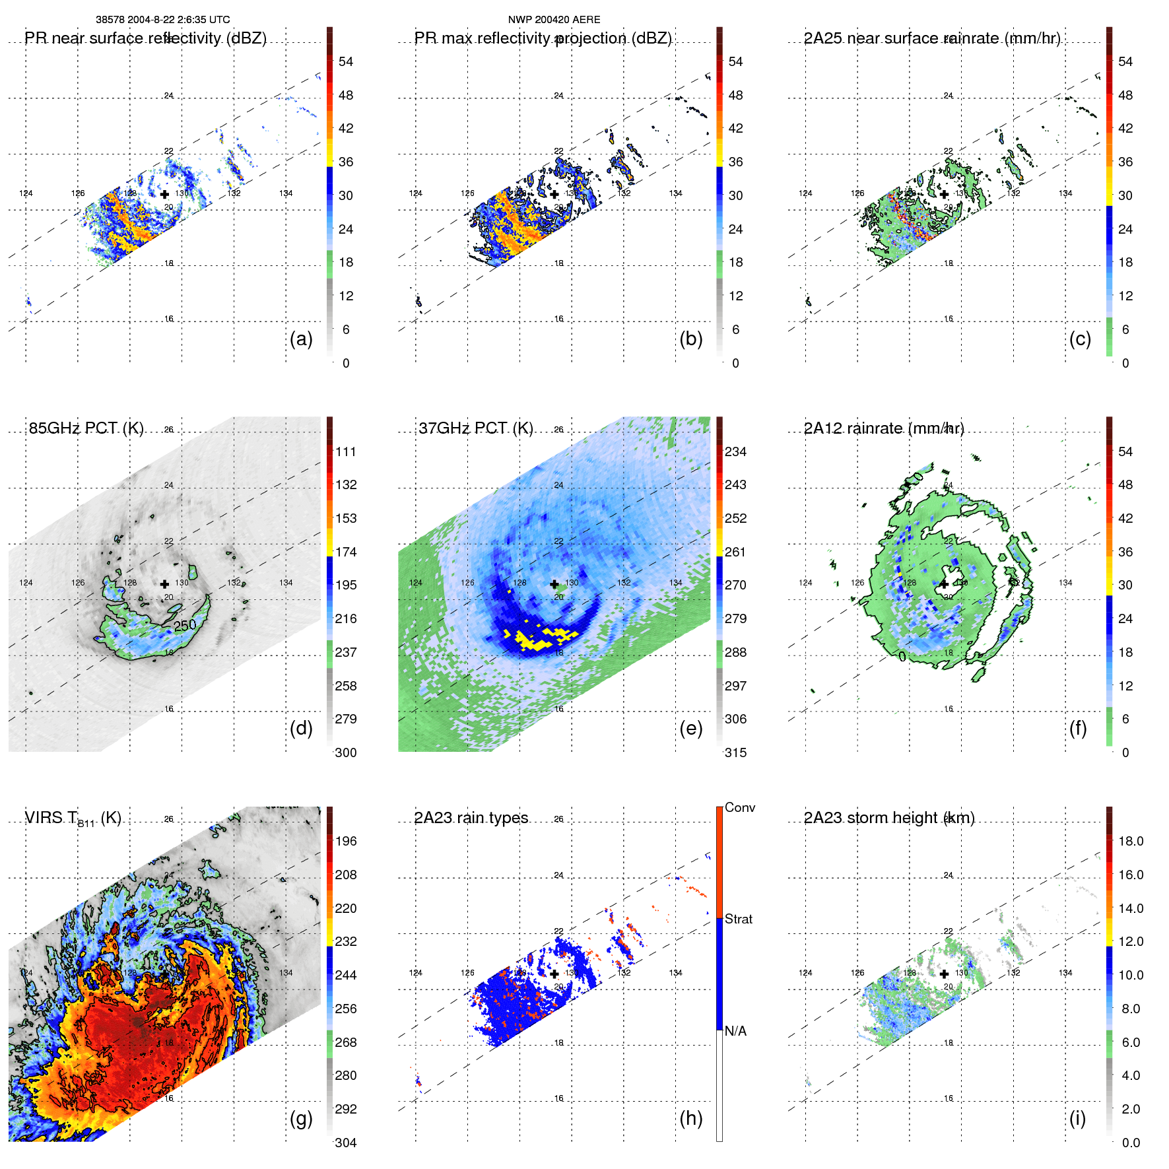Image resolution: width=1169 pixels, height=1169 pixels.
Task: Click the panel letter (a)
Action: (301, 339)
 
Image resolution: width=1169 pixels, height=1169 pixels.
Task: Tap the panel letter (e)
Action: (690, 729)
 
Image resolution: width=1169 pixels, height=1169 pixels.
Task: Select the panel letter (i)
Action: (1077, 1119)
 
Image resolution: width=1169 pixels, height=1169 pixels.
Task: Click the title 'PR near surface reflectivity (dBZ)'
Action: (145, 38)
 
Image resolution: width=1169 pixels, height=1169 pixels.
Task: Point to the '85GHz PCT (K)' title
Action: (86, 428)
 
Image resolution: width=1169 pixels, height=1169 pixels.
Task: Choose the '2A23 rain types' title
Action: (471, 818)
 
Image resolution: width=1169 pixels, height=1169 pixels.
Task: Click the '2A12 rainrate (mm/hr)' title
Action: (884, 428)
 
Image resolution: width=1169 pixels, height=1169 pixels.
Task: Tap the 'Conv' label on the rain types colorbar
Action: (740, 807)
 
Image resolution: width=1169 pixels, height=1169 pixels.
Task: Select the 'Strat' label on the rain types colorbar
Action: (739, 919)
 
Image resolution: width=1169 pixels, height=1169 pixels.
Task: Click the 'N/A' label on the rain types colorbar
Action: (736, 1031)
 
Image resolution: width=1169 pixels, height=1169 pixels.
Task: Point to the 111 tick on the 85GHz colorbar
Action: (346, 452)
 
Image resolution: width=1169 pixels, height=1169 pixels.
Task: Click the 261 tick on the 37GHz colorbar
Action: (735, 552)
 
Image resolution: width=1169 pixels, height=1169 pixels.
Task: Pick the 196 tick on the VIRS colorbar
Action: (346, 842)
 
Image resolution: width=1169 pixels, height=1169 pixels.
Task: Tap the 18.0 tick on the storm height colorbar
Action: (1131, 842)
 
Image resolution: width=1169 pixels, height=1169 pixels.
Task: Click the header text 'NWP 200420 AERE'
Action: (554, 20)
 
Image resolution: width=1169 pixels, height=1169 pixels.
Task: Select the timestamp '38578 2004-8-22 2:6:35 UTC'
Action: (163, 20)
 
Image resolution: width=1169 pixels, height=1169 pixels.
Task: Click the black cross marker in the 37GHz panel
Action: (554, 584)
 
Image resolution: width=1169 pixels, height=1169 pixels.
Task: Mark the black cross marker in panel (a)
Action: (164, 194)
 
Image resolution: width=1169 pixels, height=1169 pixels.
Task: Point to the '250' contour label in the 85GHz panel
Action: (185, 625)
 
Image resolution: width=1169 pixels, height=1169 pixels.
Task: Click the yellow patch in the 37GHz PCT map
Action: (538, 639)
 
